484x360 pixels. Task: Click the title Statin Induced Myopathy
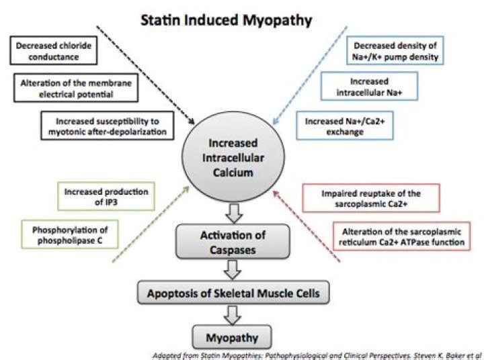point(226,20)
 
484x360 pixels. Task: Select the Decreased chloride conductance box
point(53,51)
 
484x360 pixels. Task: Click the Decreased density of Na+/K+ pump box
point(395,52)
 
